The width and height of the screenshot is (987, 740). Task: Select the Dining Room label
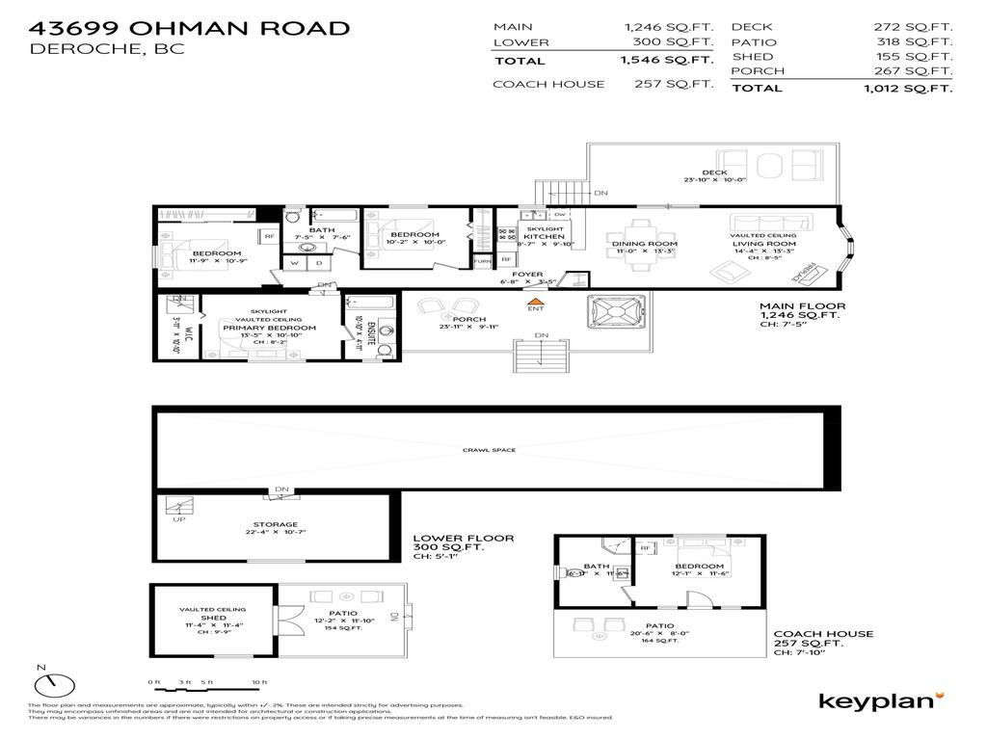tap(645, 244)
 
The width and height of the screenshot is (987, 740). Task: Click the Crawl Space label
tap(489, 450)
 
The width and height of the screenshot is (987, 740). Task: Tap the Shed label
tap(213, 618)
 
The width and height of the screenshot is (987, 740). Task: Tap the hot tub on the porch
tap(613, 314)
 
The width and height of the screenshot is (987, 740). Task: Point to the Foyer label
tap(527, 275)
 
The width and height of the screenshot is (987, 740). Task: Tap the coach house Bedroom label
tap(699, 566)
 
